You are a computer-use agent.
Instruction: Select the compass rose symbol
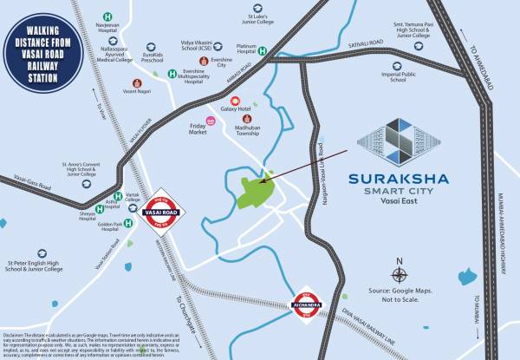pyautogui.click(x=398, y=267)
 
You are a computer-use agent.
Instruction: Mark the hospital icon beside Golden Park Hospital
pyautogui.click(x=128, y=222)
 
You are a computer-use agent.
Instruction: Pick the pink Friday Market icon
pyautogui.click(x=210, y=121)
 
